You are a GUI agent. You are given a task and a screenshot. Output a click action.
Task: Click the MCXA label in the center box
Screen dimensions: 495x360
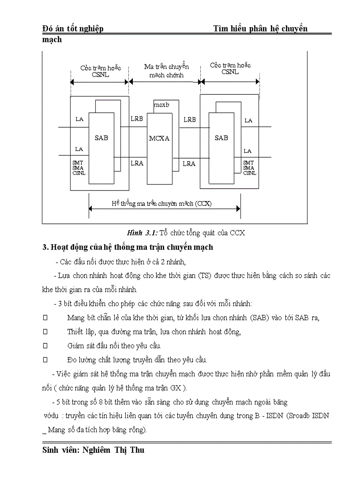point(159,138)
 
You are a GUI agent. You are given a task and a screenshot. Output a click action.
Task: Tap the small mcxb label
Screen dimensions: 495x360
point(161,105)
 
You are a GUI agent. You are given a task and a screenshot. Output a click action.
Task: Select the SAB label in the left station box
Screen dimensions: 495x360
point(101,138)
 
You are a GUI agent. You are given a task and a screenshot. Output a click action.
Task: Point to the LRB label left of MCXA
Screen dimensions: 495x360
point(137,119)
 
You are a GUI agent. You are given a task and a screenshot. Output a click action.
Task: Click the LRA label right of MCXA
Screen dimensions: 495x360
point(189,164)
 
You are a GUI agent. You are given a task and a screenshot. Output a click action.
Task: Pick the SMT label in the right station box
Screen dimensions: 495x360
point(248,163)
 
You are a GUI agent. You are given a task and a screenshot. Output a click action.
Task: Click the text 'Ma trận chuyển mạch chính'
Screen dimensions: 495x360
point(166,71)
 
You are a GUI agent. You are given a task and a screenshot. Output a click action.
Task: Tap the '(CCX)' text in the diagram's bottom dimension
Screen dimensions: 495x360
point(203,204)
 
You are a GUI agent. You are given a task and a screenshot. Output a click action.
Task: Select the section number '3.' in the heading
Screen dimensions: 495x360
point(45,247)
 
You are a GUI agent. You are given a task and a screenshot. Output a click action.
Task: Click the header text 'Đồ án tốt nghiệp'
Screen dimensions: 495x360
point(73,29)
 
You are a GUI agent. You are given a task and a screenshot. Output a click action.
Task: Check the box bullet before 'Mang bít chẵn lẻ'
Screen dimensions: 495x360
point(45,318)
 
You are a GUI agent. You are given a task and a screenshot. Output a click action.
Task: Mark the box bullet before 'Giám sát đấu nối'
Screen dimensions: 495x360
point(45,346)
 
